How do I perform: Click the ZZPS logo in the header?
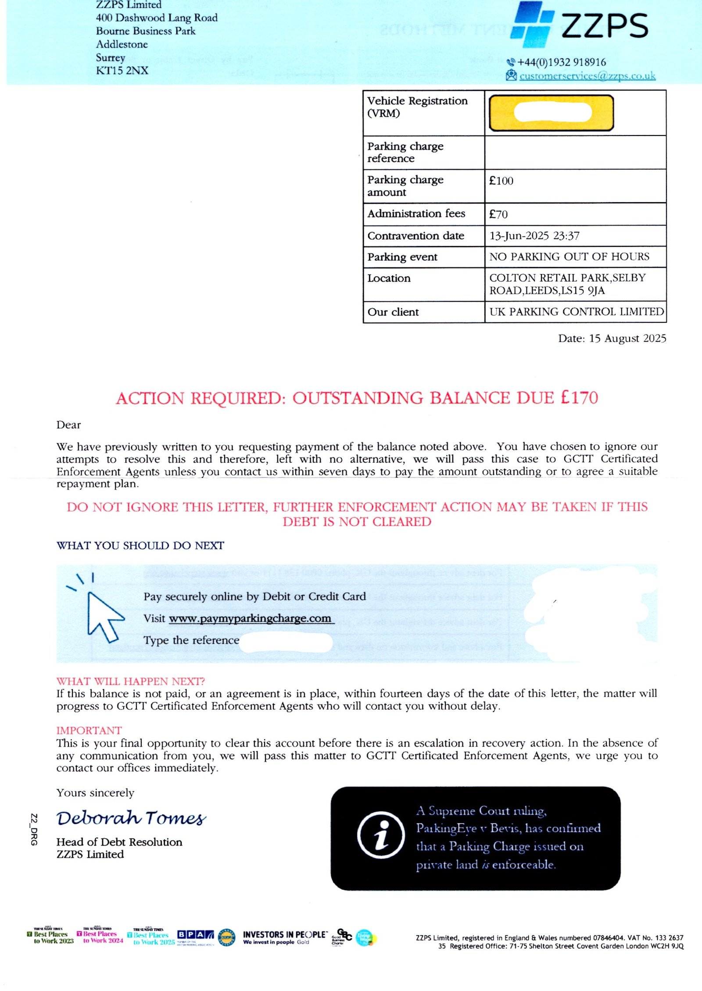click(579, 25)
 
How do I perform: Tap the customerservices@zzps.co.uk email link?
click(587, 76)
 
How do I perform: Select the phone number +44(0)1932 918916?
click(561, 62)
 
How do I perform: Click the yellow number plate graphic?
click(551, 113)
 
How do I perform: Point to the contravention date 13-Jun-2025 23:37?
click(534, 236)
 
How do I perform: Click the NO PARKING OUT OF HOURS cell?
click(569, 257)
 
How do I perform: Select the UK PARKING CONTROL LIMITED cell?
click(576, 312)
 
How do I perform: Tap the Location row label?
click(389, 278)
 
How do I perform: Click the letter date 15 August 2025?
click(612, 339)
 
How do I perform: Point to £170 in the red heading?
click(579, 398)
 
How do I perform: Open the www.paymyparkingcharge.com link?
click(250, 618)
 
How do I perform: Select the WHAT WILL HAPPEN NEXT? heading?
click(130, 681)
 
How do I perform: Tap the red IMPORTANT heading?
click(89, 730)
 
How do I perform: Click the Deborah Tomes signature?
click(131, 818)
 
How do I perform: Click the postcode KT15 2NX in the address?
click(122, 71)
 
